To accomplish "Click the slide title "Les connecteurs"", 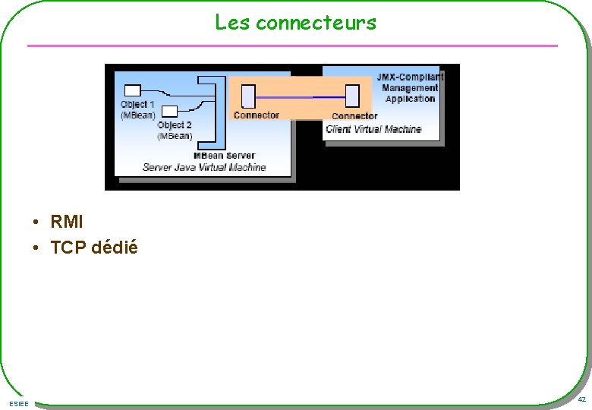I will tap(295, 22).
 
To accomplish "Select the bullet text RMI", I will tap(67, 222).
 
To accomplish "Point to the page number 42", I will tap(581, 399).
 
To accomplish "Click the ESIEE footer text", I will tap(19, 403).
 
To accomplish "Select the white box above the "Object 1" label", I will tap(134, 89).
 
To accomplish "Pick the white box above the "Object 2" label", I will tap(170, 111).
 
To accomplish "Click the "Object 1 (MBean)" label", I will tap(137, 110).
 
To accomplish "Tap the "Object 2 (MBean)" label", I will tap(175, 131).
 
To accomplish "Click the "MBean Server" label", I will tap(224, 156).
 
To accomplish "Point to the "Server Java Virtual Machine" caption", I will tap(204, 167).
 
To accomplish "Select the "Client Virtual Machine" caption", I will tap(373, 129).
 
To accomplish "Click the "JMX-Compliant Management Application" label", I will tap(410, 88).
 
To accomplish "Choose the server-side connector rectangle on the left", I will tap(248, 96).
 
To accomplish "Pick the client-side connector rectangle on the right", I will tap(351, 96).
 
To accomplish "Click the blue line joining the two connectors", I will tap(300, 97).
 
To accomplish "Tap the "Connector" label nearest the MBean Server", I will tap(256, 115).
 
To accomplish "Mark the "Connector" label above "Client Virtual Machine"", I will tap(354, 116).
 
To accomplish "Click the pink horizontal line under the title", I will tap(292, 46).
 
